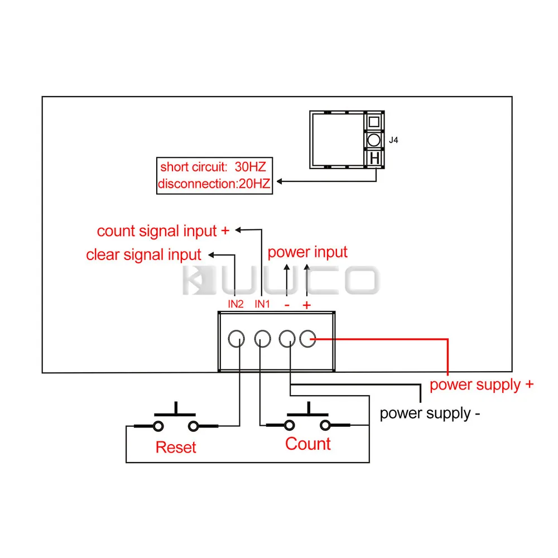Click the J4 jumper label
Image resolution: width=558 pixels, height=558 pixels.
pyautogui.click(x=393, y=141)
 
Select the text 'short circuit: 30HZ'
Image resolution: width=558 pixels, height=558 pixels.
pyautogui.click(x=213, y=167)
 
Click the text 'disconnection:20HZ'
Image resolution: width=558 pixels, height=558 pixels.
pyautogui.click(x=214, y=184)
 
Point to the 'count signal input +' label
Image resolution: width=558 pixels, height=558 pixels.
pyautogui.click(x=164, y=231)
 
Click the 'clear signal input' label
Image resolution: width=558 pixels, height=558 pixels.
pyautogui.click(x=143, y=255)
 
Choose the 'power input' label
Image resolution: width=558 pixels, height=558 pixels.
pyautogui.click(x=307, y=252)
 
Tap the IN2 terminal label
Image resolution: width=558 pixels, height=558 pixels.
pyautogui.click(x=235, y=305)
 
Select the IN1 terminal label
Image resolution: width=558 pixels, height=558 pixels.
pyautogui.click(x=262, y=305)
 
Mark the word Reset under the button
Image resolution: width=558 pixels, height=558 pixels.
pyautogui.click(x=176, y=447)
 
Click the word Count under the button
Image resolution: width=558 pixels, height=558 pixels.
pyautogui.click(x=308, y=444)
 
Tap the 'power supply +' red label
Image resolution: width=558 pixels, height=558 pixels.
pyautogui.click(x=482, y=384)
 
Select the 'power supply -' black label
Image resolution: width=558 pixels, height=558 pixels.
pyautogui.click(x=430, y=413)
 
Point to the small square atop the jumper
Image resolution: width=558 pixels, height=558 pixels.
pyautogui.click(x=374, y=121)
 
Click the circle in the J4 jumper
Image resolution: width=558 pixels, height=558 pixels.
pyautogui.click(x=374, y=139)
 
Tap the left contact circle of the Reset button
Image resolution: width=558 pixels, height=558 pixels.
pyautogui.click(x=158, y=426)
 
